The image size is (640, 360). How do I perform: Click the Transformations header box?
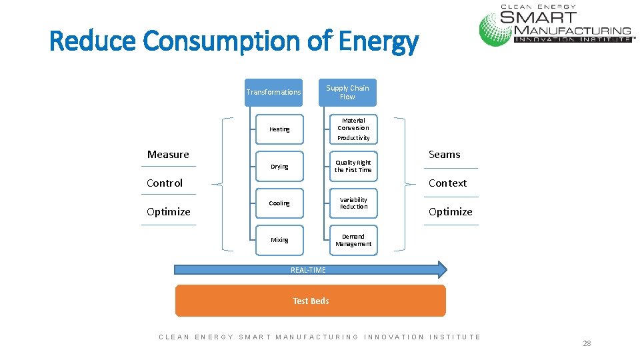click(273, 92)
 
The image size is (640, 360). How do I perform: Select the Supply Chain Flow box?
click(347, 92)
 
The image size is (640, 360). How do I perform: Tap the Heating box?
click(279, 129)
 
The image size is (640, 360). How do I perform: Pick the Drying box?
click(279, 167)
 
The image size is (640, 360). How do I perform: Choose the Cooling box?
click(279, 203)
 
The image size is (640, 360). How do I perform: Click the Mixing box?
click(279, 240)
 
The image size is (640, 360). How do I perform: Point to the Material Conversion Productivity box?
click(353, 129)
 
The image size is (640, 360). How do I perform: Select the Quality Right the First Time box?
click(353, 167)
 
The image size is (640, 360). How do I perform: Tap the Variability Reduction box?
click(353, 203)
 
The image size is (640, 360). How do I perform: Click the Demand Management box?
click(353, 240)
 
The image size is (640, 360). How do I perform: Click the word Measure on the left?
click(168, 155)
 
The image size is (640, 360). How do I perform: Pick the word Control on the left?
click(165, 183)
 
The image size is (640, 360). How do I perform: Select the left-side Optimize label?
click(169, 212)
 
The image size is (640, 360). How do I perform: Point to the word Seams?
click(445, 155)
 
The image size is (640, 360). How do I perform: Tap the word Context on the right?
click(447, 183)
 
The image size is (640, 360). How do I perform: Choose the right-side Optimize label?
click(451, 212)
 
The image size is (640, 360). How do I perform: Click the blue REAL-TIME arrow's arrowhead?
click(441, 269)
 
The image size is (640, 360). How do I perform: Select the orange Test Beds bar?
click(311, 301)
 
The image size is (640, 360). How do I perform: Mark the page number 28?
click(587, 343)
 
